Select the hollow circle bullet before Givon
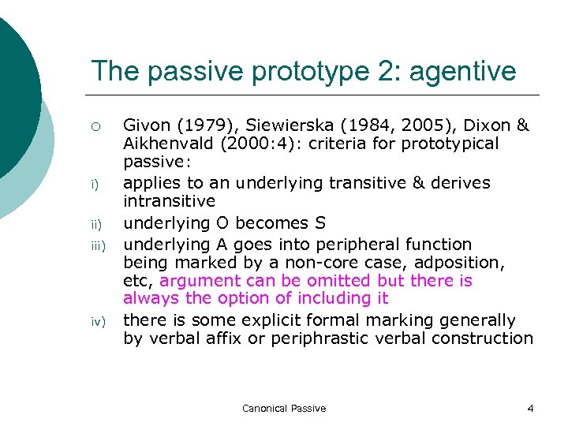95,126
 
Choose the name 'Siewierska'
278,125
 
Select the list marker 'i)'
95,185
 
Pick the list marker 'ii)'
95,224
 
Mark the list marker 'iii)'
96,244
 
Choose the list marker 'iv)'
95,322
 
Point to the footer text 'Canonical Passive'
284,408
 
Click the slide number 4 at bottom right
530,408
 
